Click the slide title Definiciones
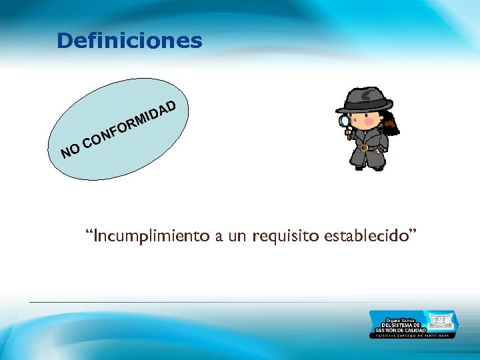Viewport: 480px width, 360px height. click(x=129, y=41)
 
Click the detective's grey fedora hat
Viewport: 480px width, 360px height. click(x=364, y=101)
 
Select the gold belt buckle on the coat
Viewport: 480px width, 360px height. click(x=365, y=147)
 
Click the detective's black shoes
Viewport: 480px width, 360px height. click(x=369, y=167)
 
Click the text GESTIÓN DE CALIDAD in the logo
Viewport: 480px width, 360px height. click(x=397, y=330)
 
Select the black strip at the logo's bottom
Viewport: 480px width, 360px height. click(x=413, y=335)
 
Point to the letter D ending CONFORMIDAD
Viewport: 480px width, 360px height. click(x=171, y=105)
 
